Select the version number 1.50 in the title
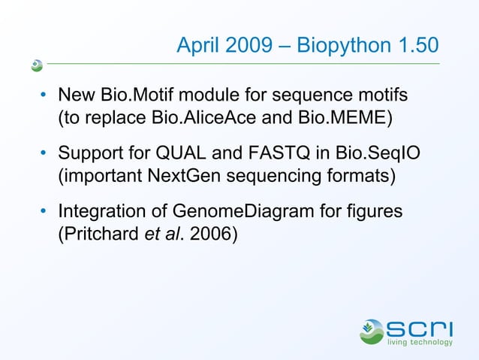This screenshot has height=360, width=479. coord(416,46)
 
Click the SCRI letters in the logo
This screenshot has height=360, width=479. coord(420,328)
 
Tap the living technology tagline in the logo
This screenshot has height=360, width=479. coord(420,343)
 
